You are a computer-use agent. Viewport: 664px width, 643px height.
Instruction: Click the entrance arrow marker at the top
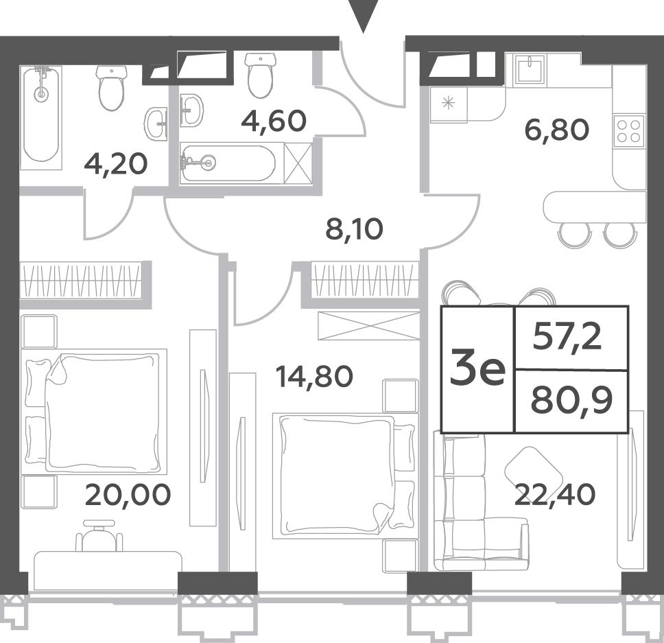[x=363, y=16]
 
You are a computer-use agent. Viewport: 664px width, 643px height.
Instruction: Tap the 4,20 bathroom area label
[x=116, y=164]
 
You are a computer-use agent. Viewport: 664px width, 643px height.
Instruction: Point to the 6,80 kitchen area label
[x=556, y=130]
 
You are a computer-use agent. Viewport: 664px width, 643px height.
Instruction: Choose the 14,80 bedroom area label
[x=313, y=376]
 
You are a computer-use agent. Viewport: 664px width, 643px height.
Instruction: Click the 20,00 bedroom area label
[x=128, y=495]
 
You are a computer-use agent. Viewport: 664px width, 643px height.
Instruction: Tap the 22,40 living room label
[x=554, y=495]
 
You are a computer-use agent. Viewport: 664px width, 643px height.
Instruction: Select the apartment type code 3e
[x=477, y=370]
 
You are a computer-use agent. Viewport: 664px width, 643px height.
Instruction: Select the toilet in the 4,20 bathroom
[x=112, y=88]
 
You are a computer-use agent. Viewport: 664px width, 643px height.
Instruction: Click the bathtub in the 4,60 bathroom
[x=228, y=162]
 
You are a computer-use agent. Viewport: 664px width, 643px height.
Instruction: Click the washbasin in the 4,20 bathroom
[x=156, y=124]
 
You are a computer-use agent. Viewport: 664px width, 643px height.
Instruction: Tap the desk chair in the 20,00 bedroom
[x=99, y=535]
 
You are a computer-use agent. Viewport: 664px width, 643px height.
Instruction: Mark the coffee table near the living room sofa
[x=533, y=469]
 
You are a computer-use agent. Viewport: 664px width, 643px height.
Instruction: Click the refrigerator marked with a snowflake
[x=449, y=104]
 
